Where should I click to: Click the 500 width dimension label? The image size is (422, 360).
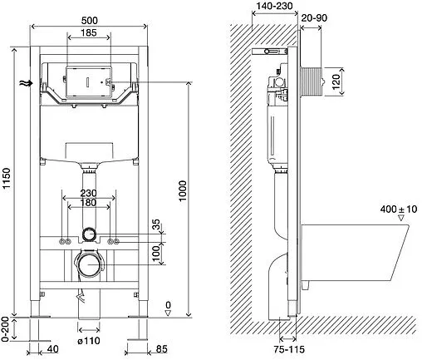tap(89, 21)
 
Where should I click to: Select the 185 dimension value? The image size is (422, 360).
tap(89, 32)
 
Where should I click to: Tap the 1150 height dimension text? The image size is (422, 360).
tap(7, 178)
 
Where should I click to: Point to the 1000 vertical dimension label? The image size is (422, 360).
tap(183, 191)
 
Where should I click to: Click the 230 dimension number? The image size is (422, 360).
tap(88, 193)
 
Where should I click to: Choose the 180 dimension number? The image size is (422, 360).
tap(88, 203)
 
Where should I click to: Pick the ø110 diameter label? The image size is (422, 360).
tap(89, 340)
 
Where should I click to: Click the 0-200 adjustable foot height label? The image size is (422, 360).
tap(6, 329)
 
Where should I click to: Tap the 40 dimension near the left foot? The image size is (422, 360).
tap(52, 349)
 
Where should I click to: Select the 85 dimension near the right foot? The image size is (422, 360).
tap(162, 349)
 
